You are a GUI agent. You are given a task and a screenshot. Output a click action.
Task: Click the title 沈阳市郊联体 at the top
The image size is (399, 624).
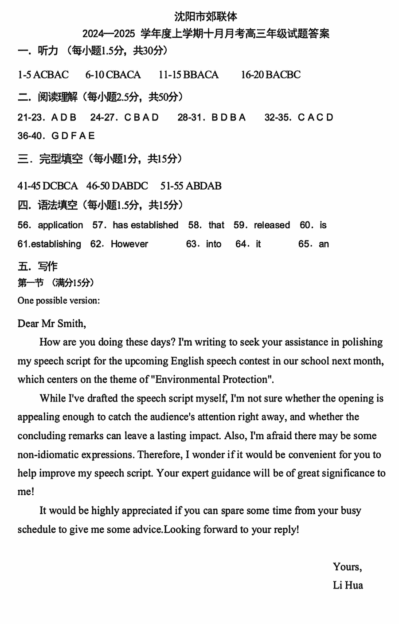(206, 17)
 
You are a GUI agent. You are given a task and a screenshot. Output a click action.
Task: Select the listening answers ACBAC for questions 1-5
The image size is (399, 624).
(51, 74)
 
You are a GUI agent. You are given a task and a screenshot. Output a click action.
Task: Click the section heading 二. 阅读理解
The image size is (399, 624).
(47, 97)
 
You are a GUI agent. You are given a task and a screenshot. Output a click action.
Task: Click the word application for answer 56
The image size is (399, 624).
(60, 225)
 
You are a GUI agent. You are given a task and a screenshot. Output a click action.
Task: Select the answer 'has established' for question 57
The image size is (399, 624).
(145, 225)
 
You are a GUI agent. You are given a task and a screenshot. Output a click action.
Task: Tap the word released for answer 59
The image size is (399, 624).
(272, 225)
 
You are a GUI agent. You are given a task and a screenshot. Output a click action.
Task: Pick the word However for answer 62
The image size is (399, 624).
(129, 244)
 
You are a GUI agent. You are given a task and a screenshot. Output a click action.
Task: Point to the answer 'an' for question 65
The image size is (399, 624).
(324, 244)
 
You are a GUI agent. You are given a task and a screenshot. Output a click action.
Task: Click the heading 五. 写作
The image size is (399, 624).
(38, 266)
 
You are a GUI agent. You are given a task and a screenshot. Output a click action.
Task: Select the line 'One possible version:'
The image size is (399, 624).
(59, 300)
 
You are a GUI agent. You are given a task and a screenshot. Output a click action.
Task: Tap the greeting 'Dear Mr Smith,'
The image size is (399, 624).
(52, 324)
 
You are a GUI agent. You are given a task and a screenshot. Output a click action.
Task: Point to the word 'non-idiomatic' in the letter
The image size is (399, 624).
(48, 454)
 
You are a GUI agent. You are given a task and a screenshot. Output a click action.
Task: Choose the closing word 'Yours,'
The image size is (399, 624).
(347, 566)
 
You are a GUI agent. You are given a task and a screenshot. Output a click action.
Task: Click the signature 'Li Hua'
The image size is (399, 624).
(348, 585)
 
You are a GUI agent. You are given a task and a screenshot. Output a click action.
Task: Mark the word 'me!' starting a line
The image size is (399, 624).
(26, 491)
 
